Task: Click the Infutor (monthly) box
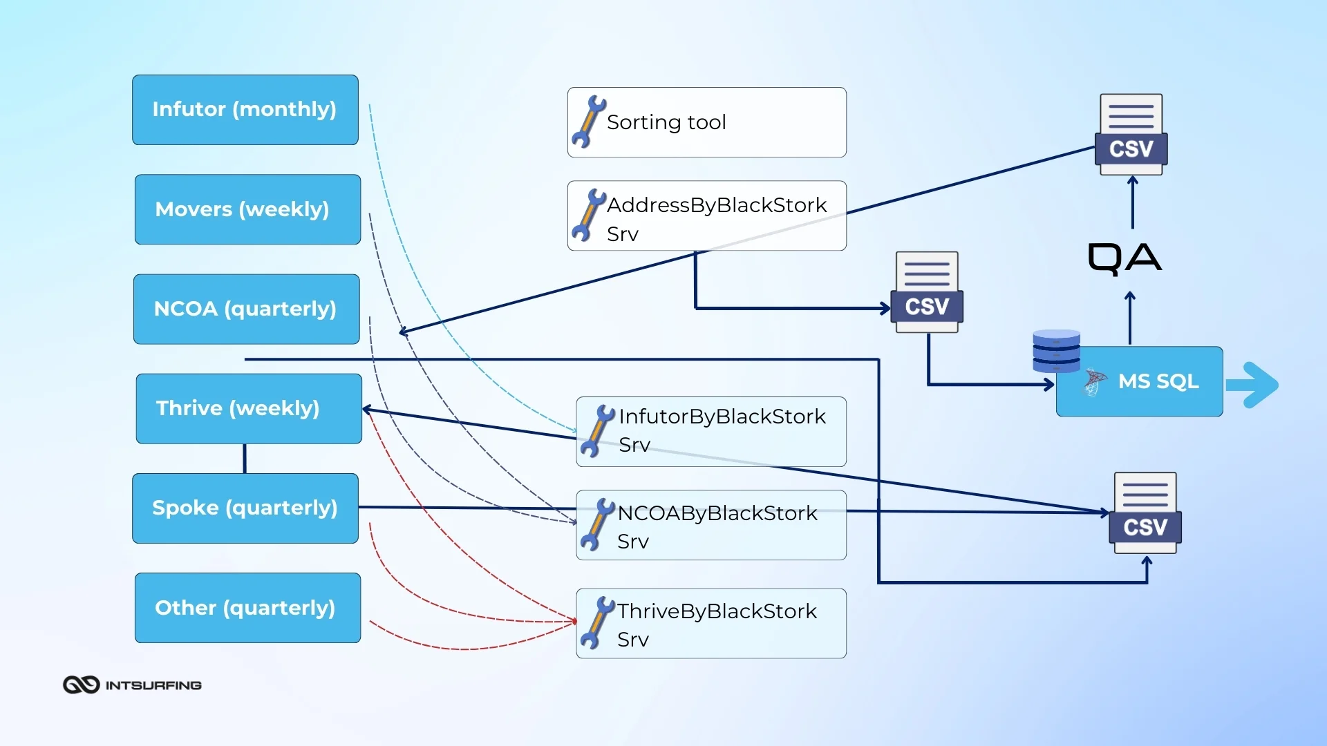245,110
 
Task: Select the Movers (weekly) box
247,209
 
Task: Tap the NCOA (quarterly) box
246,309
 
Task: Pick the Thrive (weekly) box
248,408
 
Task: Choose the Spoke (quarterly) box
245,508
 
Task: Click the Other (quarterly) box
247,608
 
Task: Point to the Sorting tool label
666,122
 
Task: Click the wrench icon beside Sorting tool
587,122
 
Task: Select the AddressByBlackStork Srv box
706,216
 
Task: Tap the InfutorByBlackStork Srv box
710,431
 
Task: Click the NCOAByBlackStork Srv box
710,525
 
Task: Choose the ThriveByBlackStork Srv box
710,623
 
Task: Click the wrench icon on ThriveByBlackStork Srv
596,623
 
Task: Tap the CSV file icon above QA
1131,135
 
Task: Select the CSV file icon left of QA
927,292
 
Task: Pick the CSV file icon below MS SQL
1145,513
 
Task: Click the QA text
1124,258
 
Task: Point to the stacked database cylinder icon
1055,351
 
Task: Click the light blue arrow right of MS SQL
1252,385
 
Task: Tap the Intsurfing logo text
153,685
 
